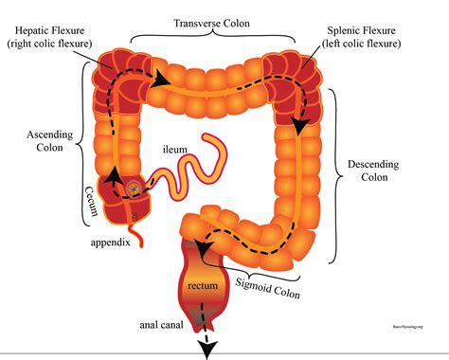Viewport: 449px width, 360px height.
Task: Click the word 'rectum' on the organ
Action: pyautogui.click(x=203, y=287)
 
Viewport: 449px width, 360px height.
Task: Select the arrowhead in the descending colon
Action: pyautogui.click(x=300, y=124)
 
